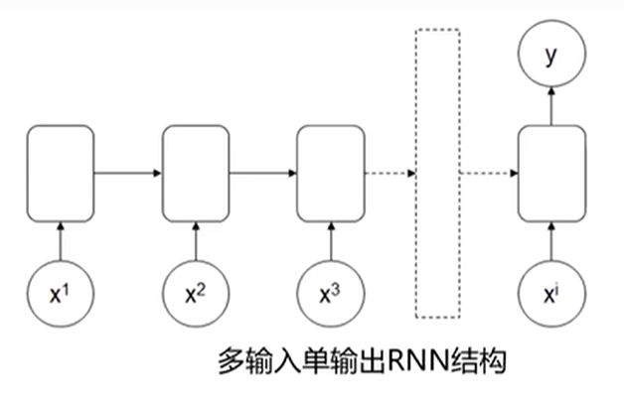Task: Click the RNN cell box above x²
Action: click(196, 175)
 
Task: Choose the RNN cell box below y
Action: click(549, 175)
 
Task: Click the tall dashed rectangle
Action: click(437, 174)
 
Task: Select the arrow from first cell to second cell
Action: click(127, 175)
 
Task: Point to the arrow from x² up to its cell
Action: click(196, 240)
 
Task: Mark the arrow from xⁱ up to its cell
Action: click(549, 240)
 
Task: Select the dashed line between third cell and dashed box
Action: click(390, 175)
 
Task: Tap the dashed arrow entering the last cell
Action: click(489, 175)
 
